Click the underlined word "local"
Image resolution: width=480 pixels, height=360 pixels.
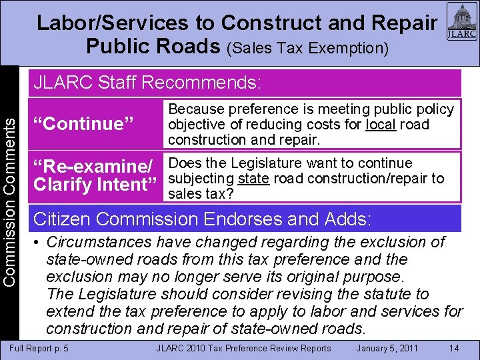(381, 125)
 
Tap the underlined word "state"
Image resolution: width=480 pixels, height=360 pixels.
(253, 179)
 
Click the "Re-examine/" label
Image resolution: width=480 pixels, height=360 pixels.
(93, 165)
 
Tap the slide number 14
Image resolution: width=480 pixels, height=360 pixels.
(454, 348)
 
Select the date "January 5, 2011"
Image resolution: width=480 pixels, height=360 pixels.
(387, 348)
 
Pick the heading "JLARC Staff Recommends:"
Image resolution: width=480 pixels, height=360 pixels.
(147, 83)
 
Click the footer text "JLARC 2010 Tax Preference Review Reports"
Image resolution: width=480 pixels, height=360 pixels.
(243, 348)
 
